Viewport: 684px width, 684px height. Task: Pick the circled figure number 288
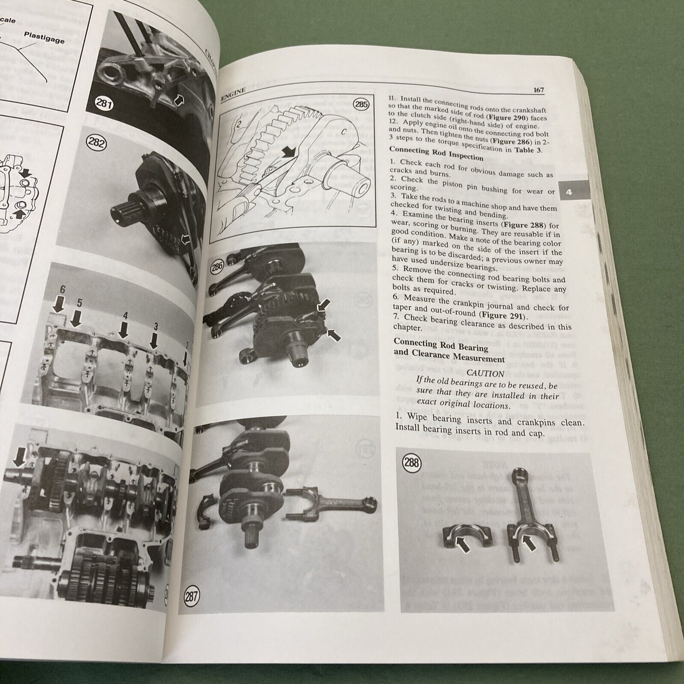(x=412, y=462)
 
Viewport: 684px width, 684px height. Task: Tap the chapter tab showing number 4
(x=569, y=193)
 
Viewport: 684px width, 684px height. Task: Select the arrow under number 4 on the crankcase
(x=124, y=329)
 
